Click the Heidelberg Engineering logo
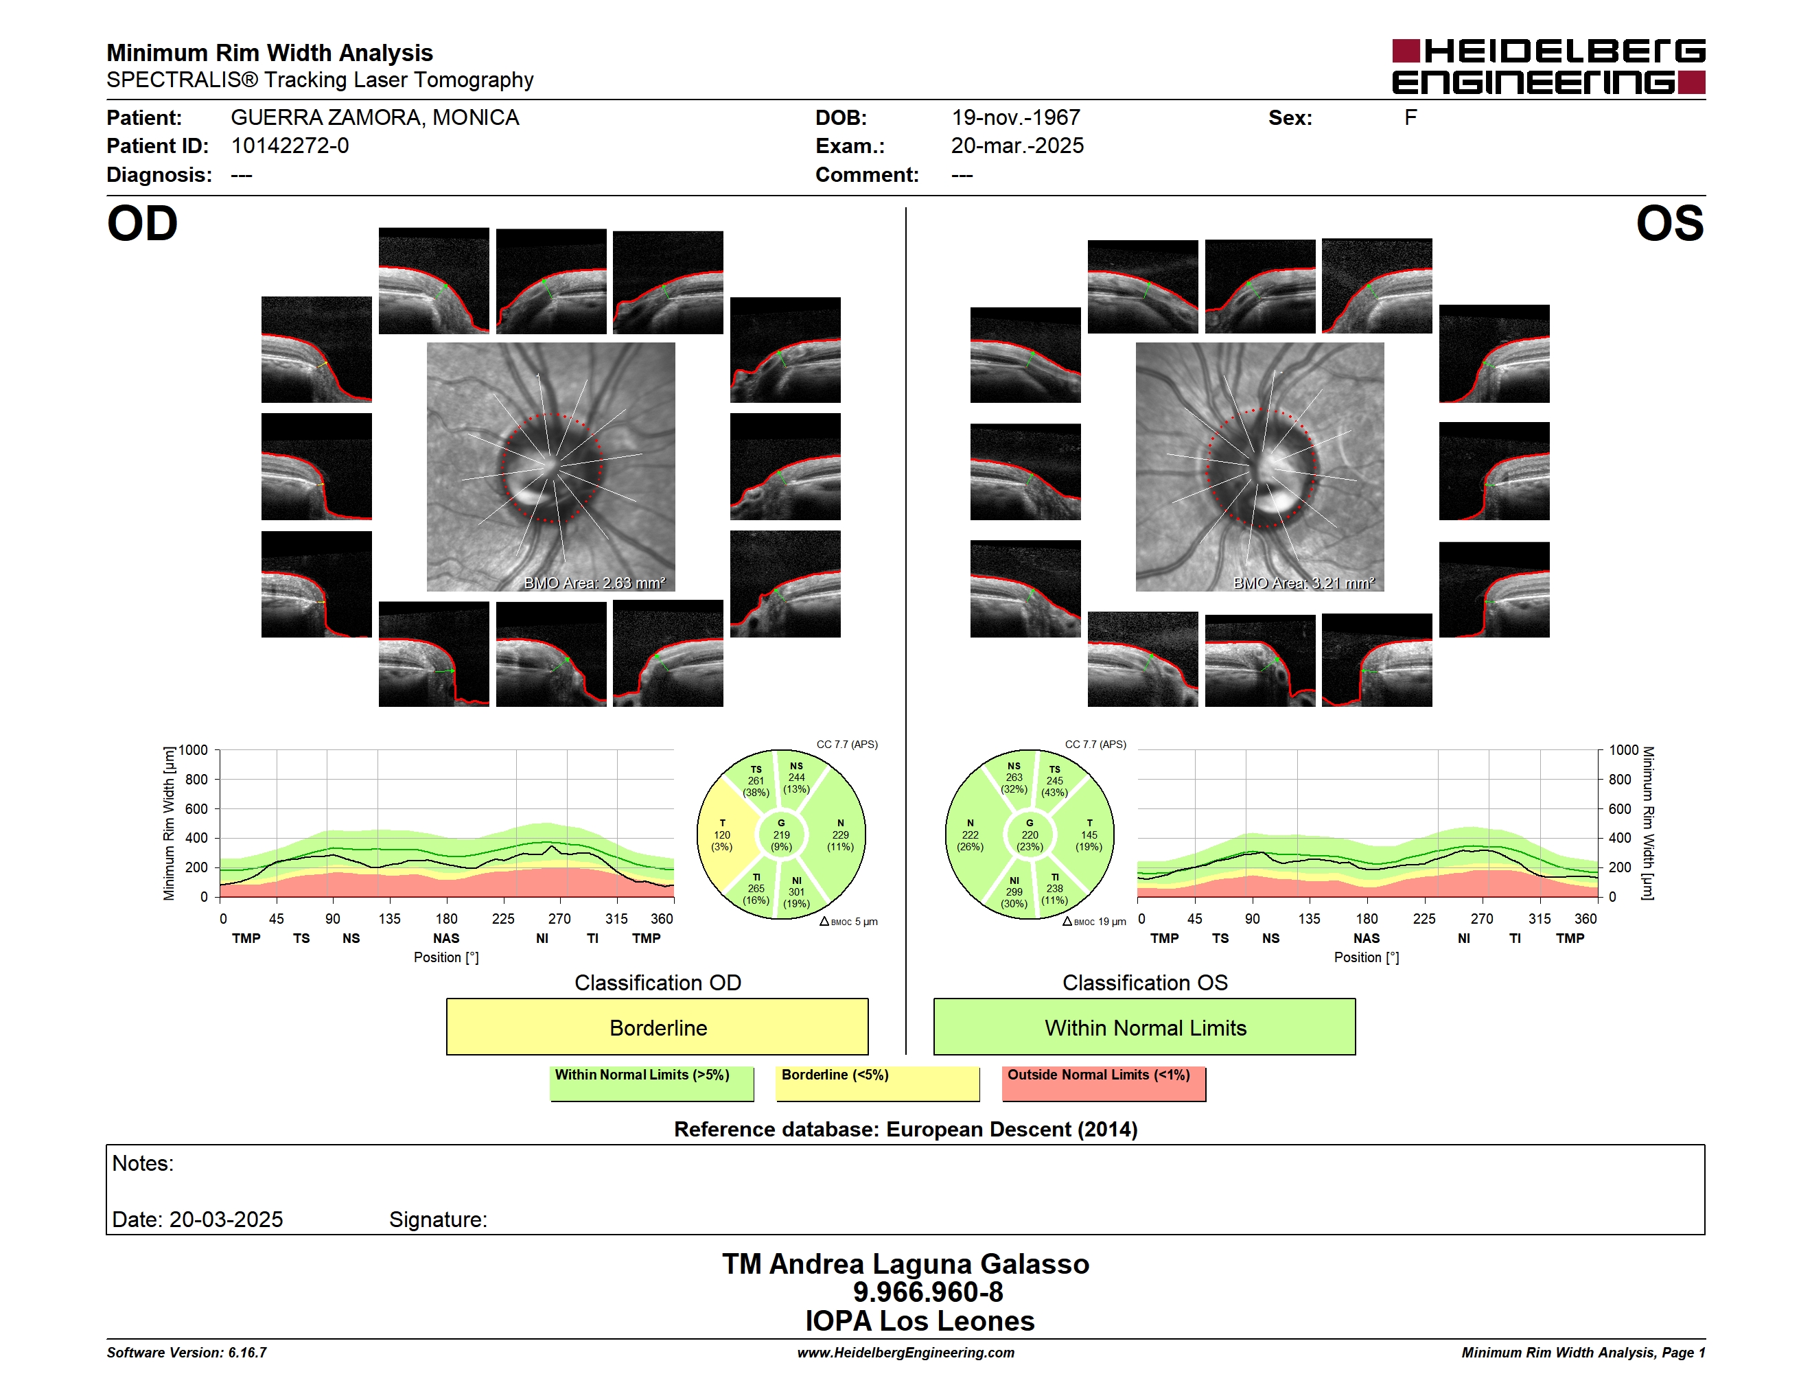point(1548,67)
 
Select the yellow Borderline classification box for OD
point(657,1027)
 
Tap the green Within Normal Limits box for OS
point(1144,1027)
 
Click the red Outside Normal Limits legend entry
point(1104,1083)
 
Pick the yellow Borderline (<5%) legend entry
point(877,1083)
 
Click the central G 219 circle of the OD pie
point(780,835)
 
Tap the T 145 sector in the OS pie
point(1088,835)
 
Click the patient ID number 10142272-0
point(290,146)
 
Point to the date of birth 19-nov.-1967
point(1016,118)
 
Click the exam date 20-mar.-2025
point(1017,146)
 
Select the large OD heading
point(142,224)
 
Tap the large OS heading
point(1669,224)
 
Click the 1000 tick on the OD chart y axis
point(194,750)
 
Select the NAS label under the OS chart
point(1367,938)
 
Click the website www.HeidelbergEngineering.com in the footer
point(906,1353)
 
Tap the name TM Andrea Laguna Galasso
point(905,1264)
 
